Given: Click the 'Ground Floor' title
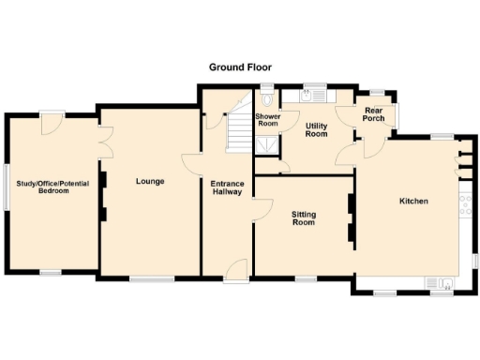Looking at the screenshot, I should pyautogui.click(x=239, y=68).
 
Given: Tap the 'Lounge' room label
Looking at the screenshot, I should pyautogui.click(x=150, y=181).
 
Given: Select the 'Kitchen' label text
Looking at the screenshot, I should pyautogui.click(x=413, y=202).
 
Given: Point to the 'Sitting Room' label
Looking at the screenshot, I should pyautogui.click(x=303, y=219).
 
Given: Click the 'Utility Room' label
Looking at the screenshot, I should pyautogui.click(x=317, y=129).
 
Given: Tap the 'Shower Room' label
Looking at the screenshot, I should pyautogui.click(x=268, y=120).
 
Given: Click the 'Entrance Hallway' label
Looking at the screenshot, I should pyautogui.click(x=227, y=187).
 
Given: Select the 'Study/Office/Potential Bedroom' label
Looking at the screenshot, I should pyautogui.click(x=52, y=187).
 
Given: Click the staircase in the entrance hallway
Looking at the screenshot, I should pyautogui.click(x=239, y=129).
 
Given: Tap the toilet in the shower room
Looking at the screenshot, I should pyautogui.click(x=269, y=96).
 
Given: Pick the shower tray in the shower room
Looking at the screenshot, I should pyautogui.click(x=268, y=143).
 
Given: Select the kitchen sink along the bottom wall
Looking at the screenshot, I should pyautogui.click(x=439, y=284).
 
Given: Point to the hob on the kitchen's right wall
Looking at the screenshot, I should pyautogui.click(x=465, y=205).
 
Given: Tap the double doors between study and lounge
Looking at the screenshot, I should pyautogui.click(x=103, y=141).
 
